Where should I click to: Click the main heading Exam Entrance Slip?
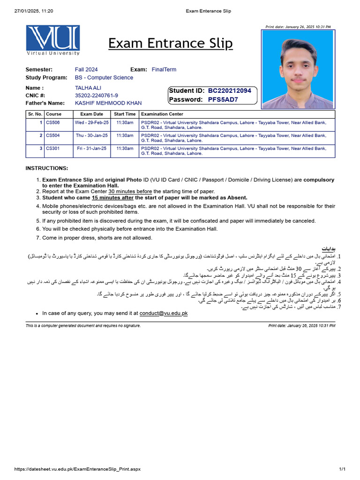pyautogui.click(x=170, y=44)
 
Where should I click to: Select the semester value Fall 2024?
pyautogui.click(x=86, y=69)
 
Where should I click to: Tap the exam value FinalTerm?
pyautogui.click(x=164, y=69)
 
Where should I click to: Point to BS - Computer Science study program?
pyautogui.click(x=104, y=78)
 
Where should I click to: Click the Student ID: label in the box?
pyautogui.click(x=187, y=90)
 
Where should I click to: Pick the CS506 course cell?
pyautogui.click(x=52, y=122)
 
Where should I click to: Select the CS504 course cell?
pyautogui.click(x=52, y=135)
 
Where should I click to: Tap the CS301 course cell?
pyautogui.click(x=52, y=149)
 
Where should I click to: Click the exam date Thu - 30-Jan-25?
pyautogui.click(x=92, y=135)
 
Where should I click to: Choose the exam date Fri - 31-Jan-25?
pyautogui.click(x=92, y=149)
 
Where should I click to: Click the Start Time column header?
pyautogui.click(x=125, y=114)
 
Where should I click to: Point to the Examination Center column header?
pyautogui.click(x=162, y=114)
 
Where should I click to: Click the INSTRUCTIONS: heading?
pyautogui.click(x=46, y=168)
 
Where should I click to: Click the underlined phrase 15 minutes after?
pyautogui.click(x=112, y=198)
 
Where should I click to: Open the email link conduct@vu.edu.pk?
pyautogui.click(x=163, y=313)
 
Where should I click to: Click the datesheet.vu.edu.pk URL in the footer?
pyautogui.click(x=77, y=469)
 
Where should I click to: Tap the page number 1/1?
pyautogui.click(x=342, y=469)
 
